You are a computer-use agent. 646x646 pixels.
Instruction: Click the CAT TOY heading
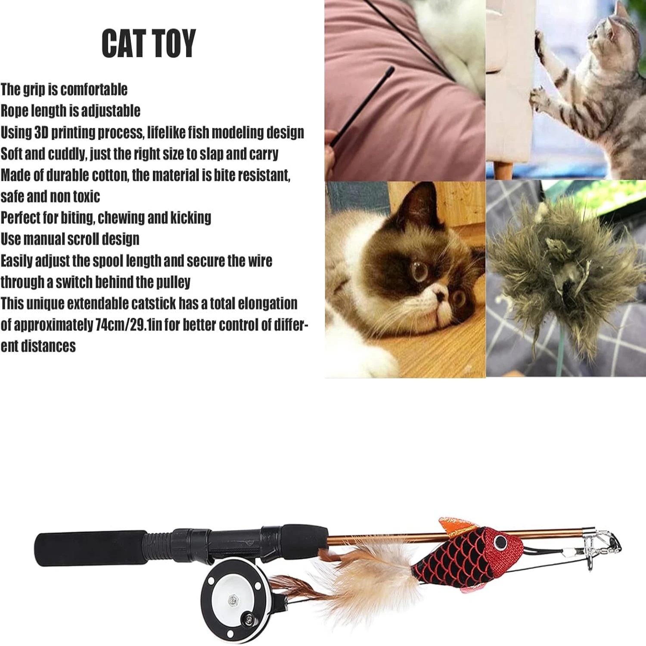(149, 43)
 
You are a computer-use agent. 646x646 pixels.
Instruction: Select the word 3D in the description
(41, 132)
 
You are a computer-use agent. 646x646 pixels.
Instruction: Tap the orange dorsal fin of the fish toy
(456, 526)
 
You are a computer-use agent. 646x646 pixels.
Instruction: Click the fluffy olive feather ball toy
(560, 267)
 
